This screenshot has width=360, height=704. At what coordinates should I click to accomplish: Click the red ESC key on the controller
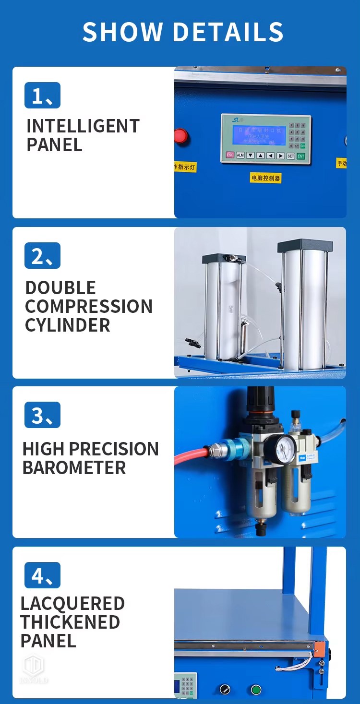click(x=230, y=155)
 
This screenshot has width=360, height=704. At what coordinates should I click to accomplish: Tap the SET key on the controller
click(x=290, y=155)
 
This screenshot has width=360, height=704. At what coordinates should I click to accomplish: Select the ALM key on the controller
click(x=240, y=155)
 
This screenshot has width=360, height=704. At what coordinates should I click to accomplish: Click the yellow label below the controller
click(x=266, y=178)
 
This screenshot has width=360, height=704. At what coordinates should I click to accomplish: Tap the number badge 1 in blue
click(x=42, y=95)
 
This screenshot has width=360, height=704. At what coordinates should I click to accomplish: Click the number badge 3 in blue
click(x=42, y=415)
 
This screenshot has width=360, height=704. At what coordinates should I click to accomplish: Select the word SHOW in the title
click(x=123, y=32)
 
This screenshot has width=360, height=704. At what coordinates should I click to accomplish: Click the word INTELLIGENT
click(x=83, y=126)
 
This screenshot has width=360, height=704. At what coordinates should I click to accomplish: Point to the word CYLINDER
click(x=67, y=325)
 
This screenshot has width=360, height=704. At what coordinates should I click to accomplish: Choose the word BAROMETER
click(x=74, y=468)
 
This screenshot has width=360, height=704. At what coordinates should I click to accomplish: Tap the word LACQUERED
click(x=72, y=603)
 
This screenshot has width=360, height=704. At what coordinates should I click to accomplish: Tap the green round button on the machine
click(x=256, y=690)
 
